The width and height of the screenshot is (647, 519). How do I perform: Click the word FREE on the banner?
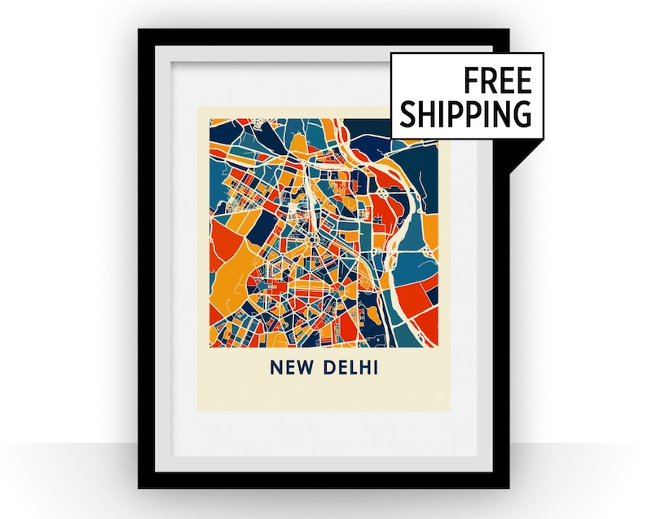(x=498, y=81)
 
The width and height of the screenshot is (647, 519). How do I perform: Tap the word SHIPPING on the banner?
(x=465, y=113)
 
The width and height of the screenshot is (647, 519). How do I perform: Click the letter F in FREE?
(x=471, y=81)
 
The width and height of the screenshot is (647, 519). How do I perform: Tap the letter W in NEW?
(x=306, y=369)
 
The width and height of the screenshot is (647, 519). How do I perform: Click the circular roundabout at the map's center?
(x=310, y=239)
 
